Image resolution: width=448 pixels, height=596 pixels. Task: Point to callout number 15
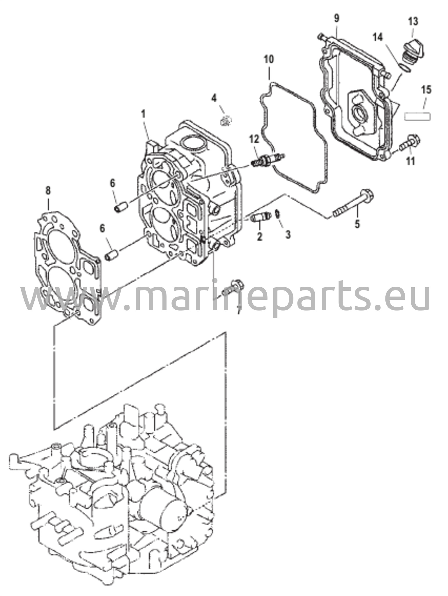[426, 90]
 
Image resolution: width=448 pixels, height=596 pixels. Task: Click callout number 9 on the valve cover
[337, 19]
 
